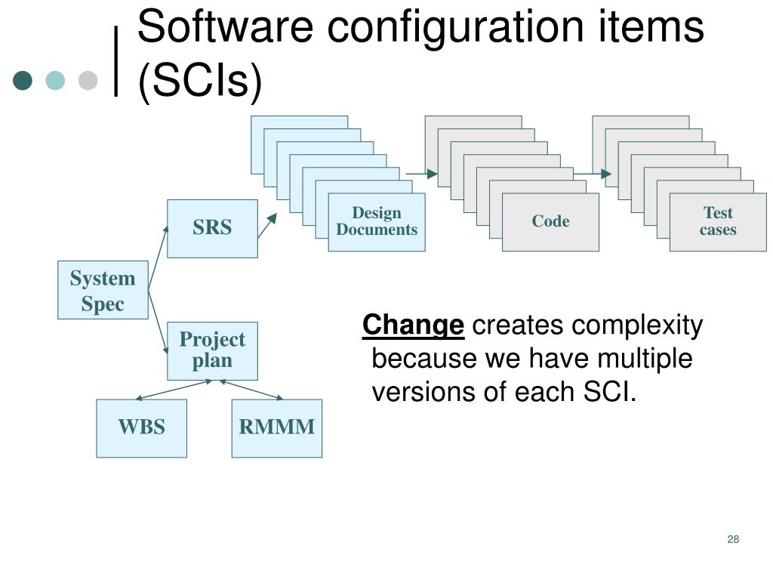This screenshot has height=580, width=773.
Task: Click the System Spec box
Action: (x=103, y=291)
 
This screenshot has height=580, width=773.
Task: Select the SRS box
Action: (x=212, y=228)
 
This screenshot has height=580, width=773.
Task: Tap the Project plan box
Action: (x=212, y=350)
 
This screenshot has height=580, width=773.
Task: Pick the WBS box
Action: (x=141, y=428)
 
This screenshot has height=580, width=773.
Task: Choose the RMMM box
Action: (x=276, y=428)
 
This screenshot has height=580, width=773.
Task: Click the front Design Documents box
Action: (x=377, y=222)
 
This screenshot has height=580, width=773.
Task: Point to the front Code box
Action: (x=550, y=222)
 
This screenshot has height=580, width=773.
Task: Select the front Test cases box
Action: (x=718, y=222)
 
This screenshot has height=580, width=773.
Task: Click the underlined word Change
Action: (x=413, y=326)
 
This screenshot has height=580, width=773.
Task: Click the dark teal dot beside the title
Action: (x=23, y=80)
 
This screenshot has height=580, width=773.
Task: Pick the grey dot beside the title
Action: (x=88, y=80)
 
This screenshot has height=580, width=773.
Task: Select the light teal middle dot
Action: (x=55, y=80)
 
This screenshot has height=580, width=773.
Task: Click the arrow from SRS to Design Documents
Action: (x=267, y=225)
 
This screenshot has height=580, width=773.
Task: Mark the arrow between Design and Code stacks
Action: (x=422, y=174)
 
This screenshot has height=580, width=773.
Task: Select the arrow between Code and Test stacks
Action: (x=593, y=174)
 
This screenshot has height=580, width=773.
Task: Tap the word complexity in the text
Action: (x=637, y=326)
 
